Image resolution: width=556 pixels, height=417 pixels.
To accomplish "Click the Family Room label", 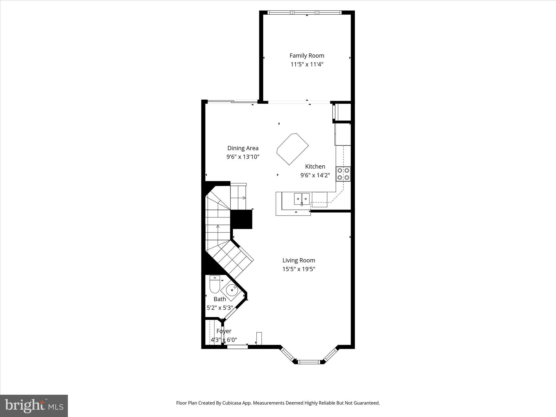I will pos(307,56).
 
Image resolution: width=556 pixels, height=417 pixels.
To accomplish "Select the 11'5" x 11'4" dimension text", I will pos(307,65).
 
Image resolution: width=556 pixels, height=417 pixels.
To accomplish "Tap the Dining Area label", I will pos(243,148).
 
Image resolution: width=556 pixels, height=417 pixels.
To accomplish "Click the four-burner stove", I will pos(343,174).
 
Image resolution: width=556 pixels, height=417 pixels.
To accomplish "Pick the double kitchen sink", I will pos(302,199).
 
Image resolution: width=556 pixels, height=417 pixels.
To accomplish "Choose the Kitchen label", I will pos(315,167).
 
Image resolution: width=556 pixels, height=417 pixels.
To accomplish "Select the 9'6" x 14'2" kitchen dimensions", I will pos(315,175).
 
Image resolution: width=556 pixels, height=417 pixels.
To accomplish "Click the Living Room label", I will pos(299,260).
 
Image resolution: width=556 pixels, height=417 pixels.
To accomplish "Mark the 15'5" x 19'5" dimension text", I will pos(299,269).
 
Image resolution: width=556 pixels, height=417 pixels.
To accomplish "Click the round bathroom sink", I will pos(232,290).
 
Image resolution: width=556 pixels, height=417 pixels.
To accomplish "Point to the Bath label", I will pos(220,299).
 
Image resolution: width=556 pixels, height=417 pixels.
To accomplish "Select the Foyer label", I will pos(224,331).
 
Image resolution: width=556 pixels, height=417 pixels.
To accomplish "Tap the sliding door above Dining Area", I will pos(232,102).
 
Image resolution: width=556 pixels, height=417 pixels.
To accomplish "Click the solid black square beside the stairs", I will pos(241,219).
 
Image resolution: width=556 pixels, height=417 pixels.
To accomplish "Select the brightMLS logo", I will pos(34,406).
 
